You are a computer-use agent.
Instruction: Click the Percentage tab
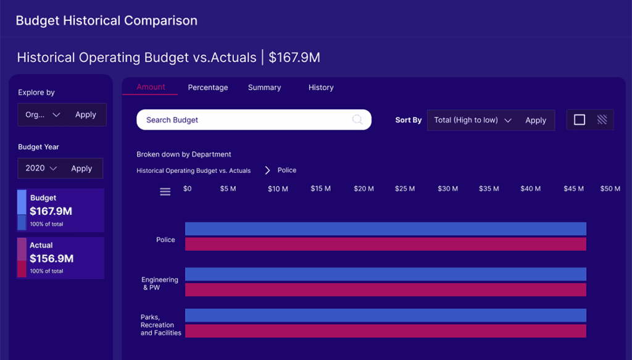(208, 88)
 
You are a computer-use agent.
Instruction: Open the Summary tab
(264, 88)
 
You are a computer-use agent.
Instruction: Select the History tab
(321, 88)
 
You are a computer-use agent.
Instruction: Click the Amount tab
(151, 87)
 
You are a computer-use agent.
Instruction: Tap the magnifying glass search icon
(357, 120)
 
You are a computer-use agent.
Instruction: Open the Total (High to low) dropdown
(473, 120)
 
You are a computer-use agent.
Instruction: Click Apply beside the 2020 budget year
(81, 169)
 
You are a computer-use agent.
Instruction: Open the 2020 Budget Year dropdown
(41, 169)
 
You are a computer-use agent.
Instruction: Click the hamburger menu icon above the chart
(165, 192)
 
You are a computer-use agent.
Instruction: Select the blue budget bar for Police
(385, 229)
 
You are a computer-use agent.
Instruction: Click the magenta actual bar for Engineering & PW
(385, 290)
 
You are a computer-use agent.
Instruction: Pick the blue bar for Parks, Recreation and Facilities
(385, 316)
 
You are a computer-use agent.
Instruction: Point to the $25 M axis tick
(405, 189)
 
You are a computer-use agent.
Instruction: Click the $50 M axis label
(610, 189)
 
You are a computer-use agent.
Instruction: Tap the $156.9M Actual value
(52, 258)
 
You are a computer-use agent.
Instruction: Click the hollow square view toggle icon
(580, 120)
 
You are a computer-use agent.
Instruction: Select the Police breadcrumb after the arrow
(287, 170)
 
